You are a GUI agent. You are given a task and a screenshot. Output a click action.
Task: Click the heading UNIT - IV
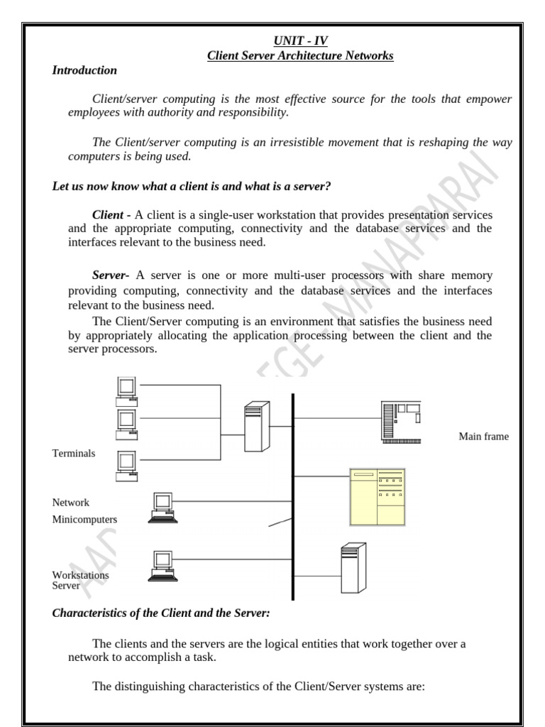299,41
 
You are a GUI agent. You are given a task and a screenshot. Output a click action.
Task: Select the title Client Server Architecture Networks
299,55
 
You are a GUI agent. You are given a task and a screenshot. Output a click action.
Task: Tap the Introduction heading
84,70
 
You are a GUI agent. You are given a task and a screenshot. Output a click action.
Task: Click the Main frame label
483,437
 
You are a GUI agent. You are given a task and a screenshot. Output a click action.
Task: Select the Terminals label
74,453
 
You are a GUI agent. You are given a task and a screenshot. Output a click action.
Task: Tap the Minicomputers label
84,519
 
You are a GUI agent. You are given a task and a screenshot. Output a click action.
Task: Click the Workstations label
81,574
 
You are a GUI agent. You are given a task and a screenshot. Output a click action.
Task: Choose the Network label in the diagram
71,502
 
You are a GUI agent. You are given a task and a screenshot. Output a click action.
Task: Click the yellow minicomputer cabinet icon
378,497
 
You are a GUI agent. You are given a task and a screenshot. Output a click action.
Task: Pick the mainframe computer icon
401,422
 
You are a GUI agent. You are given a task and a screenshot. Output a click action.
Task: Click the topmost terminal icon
126,388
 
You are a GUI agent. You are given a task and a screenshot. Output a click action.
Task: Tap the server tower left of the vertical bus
257,426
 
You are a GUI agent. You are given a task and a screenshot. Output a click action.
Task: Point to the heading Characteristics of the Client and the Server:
161,613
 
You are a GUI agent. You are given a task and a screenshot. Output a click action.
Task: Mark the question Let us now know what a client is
193,186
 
